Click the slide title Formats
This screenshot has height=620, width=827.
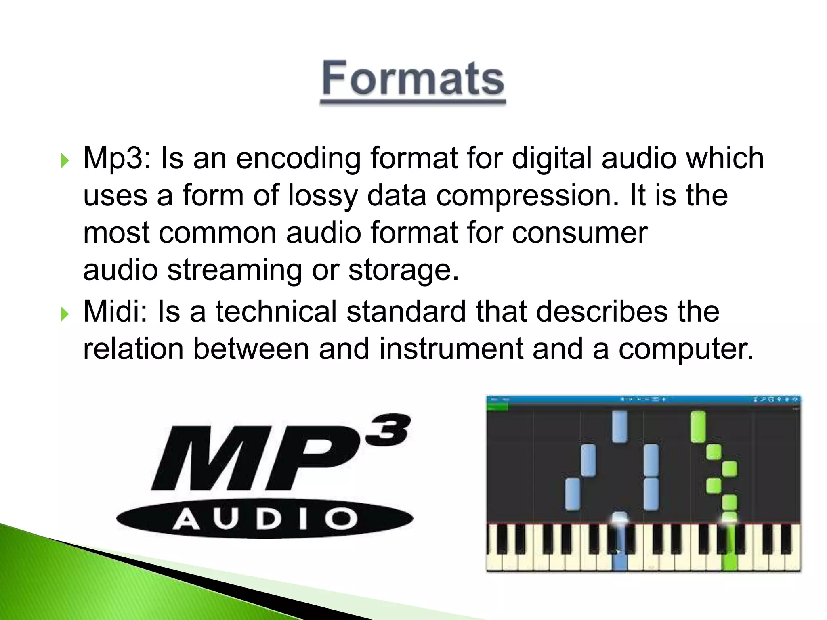413,79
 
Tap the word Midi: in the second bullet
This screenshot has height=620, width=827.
115,312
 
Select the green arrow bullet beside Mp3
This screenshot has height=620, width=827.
65,161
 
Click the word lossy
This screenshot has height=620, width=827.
322,196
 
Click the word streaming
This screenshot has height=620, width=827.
234,270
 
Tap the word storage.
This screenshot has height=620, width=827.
403,270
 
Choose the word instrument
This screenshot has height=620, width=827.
451,349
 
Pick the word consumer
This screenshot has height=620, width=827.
579,233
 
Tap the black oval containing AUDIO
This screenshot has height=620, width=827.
264,519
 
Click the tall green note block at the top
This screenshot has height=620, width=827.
698,427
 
